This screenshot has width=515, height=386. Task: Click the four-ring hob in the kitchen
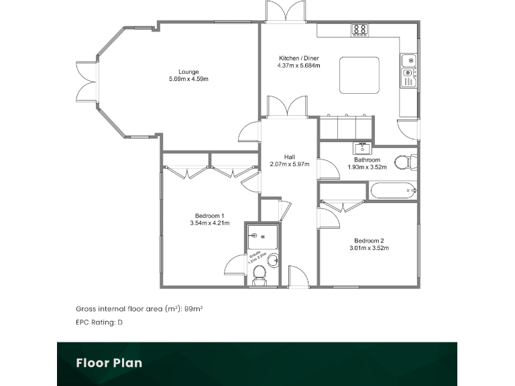coord(360,29)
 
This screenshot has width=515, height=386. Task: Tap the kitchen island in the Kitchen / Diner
coord(359,75)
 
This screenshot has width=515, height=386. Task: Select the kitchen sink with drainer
coord(408,71)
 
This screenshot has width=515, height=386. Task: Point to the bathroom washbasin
coord(361,148)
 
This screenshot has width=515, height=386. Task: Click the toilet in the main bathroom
coord(404,162)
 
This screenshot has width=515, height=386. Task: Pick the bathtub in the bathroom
coord(394,191)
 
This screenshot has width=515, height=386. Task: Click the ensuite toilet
coord(260,279)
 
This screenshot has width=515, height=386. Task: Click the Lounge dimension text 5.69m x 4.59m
coord(188,80)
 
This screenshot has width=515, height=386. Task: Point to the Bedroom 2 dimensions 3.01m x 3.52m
coord(368,248)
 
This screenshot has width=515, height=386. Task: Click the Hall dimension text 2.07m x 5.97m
coord(289,164)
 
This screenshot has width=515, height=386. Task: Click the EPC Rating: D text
coord(99,322)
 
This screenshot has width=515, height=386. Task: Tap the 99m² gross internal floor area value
coord(194,309)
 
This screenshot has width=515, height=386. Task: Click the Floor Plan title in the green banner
coord(109,363)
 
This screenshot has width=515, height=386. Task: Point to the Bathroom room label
coord(367,159)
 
